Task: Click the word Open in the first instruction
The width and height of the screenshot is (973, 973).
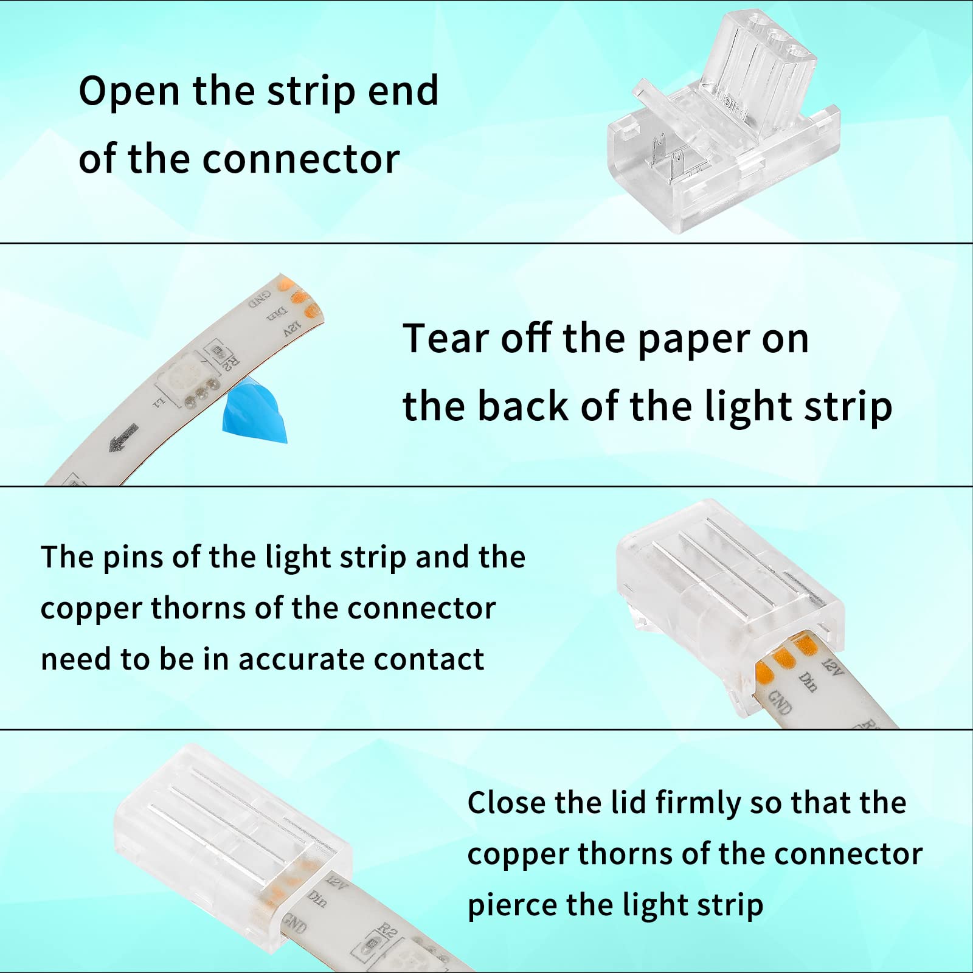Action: [130, 91]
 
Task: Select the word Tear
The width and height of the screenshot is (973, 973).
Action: [446, 338]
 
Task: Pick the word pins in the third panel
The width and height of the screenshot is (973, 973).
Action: [133, 558]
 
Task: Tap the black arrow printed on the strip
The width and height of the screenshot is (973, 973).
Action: [124, 437]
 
